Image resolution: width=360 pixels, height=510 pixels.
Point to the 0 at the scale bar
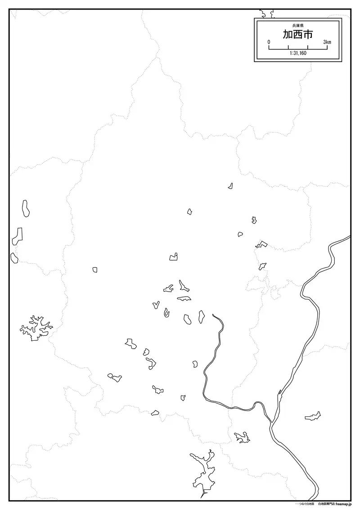tap(269, 42)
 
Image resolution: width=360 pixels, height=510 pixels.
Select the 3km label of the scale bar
tap(327, 42)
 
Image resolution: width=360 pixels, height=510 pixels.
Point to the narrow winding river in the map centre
tap(215, 356)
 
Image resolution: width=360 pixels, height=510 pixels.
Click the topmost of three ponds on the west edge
tap(26, 208)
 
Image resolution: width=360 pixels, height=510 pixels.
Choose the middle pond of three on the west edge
tap(18, 236)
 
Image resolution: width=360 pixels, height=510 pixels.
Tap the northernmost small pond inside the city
tap(230, 185)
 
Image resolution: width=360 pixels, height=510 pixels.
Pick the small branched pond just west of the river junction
tap(242, 437)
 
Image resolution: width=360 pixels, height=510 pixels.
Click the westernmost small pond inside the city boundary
tap(95, 270)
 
